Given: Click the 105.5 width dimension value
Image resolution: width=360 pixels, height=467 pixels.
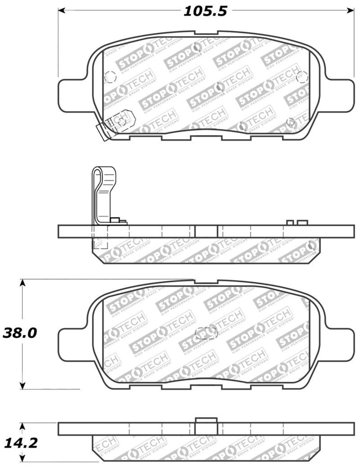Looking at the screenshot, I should click(205, 11).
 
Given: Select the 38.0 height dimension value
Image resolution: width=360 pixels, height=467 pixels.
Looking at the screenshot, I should click(19, 333).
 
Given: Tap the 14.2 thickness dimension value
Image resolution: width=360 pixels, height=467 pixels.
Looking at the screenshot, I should click(19, 442).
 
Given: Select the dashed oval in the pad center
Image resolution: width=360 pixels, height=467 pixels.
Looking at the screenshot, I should click(205, 333).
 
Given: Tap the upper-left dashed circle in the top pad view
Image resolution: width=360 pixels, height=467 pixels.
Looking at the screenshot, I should click(110, 78).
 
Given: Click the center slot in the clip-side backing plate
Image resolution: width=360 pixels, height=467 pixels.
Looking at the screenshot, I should click(206, 231).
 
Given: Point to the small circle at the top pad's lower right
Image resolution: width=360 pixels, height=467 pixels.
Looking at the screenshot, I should click(290, 122).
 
